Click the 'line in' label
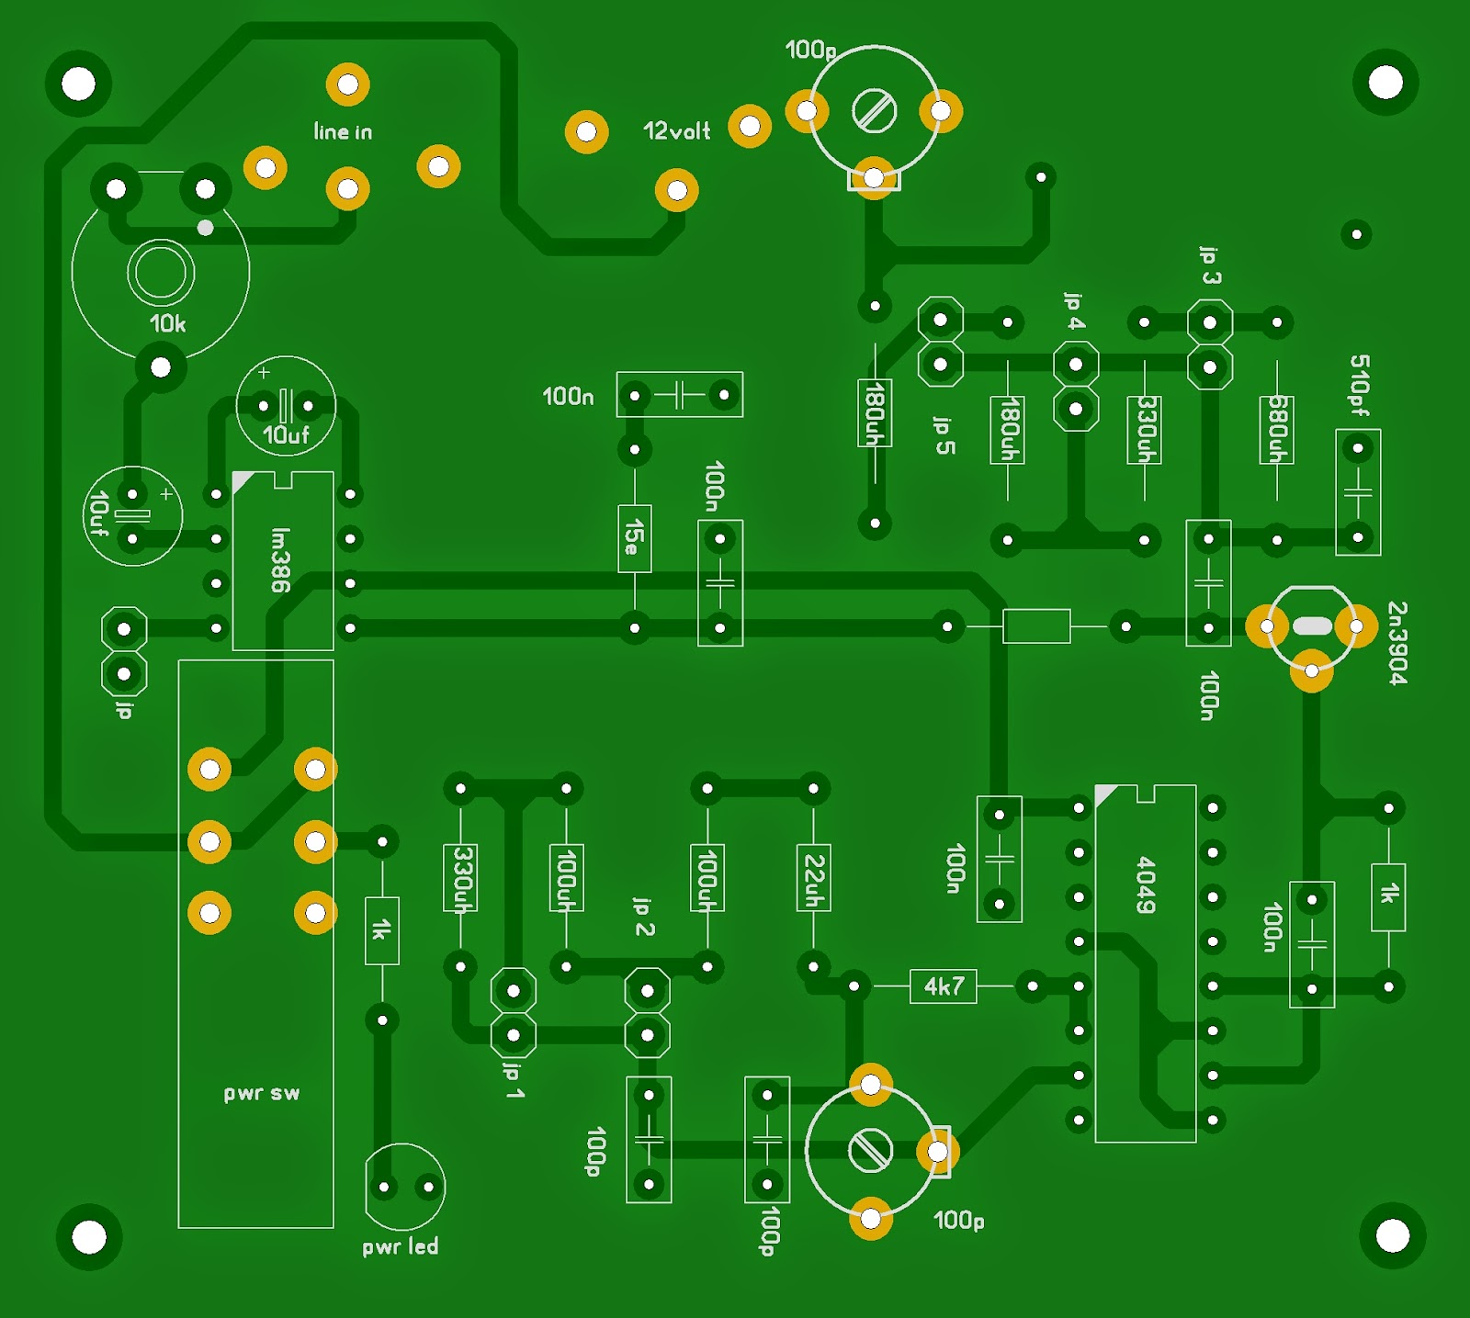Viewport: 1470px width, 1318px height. [x=343, y=132]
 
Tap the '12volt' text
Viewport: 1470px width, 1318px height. [x=676, y=131]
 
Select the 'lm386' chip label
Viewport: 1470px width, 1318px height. [x=281, y=559]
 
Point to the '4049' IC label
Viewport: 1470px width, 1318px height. [x=1146, y=884]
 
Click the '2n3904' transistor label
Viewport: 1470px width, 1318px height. [x=1396, y=643]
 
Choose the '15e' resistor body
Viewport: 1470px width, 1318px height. [x=634, y=537]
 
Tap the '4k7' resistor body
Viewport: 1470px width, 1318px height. [x=944, y=986]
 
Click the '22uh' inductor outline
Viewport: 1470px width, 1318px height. [x=813, y=878]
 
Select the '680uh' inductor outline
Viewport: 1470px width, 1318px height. [x=1277, y=430]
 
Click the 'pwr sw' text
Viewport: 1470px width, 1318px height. [x=262, y=1093]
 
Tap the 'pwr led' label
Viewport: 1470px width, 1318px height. [x=400, y=1246]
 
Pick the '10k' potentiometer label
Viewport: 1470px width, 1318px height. [x=167, y=323]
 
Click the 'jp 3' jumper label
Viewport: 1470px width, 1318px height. [x=1210, y=265]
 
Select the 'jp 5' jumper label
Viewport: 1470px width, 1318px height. [x=944, y=435]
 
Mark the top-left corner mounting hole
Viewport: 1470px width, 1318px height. [x=78, y=84]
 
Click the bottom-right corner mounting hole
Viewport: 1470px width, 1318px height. [x=1392, y=1235]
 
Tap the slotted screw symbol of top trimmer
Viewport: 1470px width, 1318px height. [x=874, y=112]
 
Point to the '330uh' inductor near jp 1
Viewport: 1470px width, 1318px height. [x=460, y=878]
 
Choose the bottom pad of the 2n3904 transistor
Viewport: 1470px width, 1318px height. [x=1311, y=671]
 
